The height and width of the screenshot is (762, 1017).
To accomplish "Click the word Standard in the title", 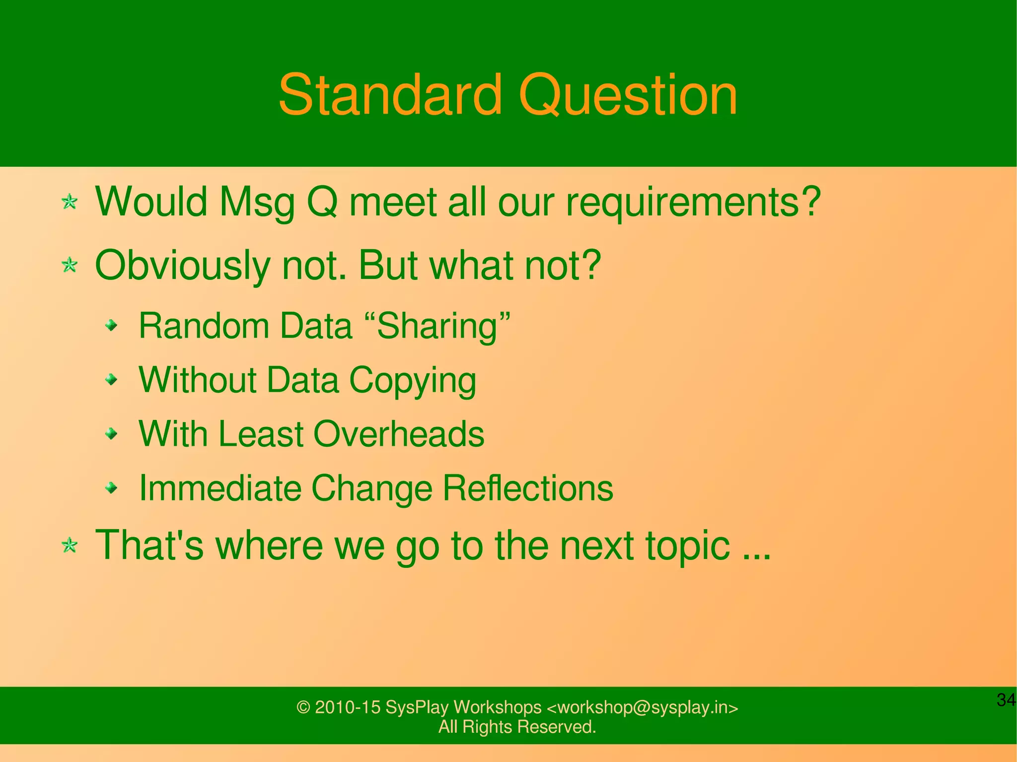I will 390,95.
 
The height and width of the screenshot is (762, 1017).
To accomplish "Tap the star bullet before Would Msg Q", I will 70,202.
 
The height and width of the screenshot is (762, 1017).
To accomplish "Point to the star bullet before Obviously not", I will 70,265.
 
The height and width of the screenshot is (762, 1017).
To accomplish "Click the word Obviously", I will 182,266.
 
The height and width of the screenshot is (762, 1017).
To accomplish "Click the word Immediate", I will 220,488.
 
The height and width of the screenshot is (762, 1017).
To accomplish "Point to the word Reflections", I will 528,488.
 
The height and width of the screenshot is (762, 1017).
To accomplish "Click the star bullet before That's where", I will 70,546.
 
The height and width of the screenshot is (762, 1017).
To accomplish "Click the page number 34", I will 1006,700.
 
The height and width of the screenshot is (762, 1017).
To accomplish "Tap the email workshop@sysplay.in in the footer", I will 642,707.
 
